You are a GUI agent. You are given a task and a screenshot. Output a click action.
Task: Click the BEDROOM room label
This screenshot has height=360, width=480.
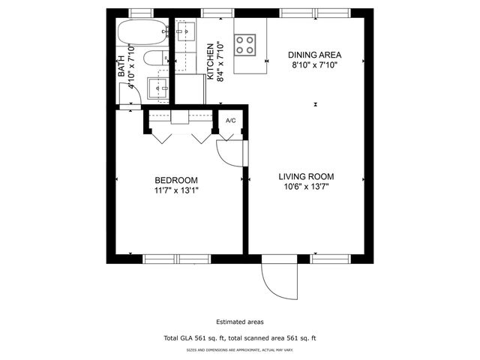(176, 180)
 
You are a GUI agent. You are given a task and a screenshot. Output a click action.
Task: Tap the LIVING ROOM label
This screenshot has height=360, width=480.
(306, 177)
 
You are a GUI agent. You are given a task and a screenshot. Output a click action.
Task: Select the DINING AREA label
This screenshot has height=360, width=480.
(316, 55)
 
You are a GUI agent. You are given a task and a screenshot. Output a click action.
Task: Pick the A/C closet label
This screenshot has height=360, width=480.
(231, 121)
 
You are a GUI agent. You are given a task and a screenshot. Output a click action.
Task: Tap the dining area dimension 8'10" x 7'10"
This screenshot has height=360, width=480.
(316, 64)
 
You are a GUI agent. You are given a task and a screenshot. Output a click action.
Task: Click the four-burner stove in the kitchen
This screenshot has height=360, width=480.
(246, 44)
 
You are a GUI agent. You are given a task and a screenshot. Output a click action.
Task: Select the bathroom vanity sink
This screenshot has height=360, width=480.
(158, 88)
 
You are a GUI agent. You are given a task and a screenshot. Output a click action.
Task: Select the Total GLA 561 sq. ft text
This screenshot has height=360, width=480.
(240, 339)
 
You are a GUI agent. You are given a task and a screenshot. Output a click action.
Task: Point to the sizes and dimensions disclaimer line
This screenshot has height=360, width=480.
(240, 350)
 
